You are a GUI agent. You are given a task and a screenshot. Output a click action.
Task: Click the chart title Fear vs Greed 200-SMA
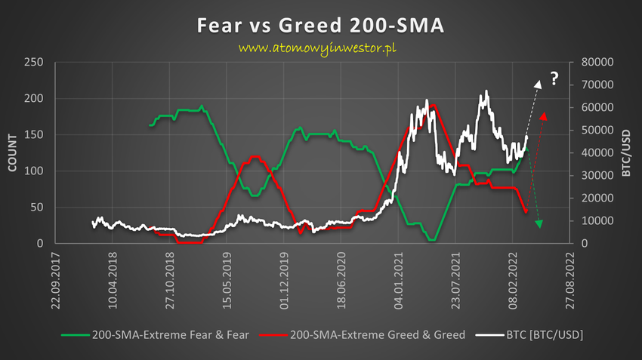[320, 25]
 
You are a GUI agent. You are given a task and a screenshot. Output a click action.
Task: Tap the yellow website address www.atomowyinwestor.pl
[318, 48]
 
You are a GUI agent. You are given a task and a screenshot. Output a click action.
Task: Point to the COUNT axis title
[13, 154]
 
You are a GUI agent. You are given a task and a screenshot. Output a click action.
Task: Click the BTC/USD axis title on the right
[626, 154]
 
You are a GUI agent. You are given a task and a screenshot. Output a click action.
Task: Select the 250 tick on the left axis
[34, 63]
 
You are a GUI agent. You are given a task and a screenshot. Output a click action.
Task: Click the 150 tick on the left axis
[34, 135]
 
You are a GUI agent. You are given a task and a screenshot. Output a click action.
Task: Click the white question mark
[553, 77]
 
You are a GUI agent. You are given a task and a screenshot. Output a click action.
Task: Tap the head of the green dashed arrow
[539, 223]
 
